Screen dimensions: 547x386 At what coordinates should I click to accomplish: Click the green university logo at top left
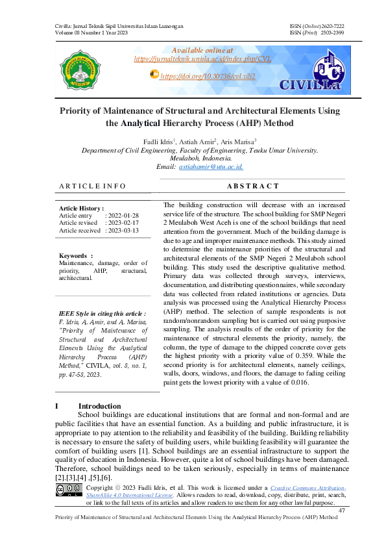point(80,68)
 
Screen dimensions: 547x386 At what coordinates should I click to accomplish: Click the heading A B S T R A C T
point(254,186)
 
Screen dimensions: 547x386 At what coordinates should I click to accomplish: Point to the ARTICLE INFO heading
point(92,186)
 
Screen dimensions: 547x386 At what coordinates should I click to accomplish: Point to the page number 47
point(342,511)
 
